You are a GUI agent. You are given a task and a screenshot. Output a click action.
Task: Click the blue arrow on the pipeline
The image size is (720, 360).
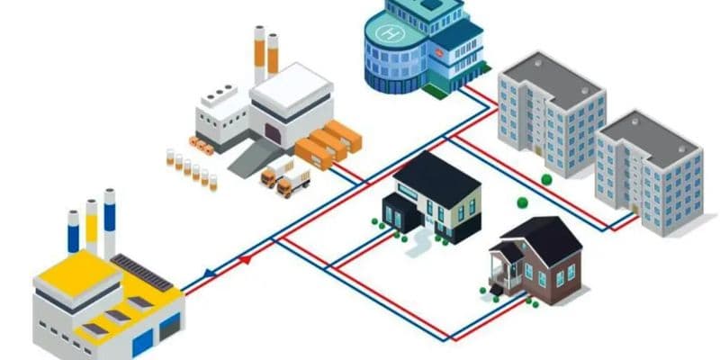209,272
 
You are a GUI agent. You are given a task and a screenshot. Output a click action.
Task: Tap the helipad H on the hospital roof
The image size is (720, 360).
390,34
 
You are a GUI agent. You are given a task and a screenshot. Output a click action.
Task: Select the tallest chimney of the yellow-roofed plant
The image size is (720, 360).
109,221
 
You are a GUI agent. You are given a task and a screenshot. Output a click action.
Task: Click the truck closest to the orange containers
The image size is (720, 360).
293,183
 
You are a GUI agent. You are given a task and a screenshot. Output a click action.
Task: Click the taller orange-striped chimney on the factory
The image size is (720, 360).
259,54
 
